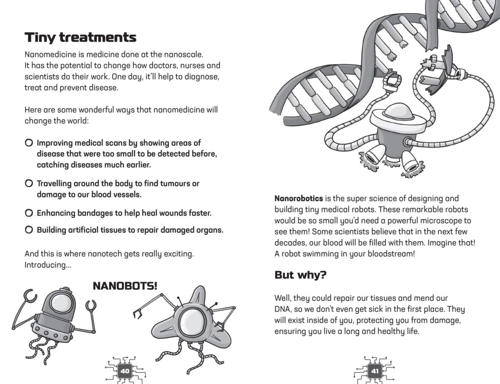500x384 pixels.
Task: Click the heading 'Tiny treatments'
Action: (x=81, y=37)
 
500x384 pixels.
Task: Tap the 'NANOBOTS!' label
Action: (x=125, y=285)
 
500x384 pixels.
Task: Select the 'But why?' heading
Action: (x=300, y=275)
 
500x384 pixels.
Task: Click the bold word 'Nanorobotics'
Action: (x=299, y=199)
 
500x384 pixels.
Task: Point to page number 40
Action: (x=125, y=371)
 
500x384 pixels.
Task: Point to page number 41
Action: (x=375, y=371)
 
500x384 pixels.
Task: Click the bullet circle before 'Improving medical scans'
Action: (x=29, y=143)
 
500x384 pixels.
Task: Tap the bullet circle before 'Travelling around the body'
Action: (x=29, y=184)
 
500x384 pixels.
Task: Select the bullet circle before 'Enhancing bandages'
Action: (x=29, y=213)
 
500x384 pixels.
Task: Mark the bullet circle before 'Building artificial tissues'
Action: (x=29, y=230)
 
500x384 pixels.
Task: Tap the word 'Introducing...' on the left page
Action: (x=47, y=265)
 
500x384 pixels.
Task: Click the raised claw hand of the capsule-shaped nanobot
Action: (x=30, y=295)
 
